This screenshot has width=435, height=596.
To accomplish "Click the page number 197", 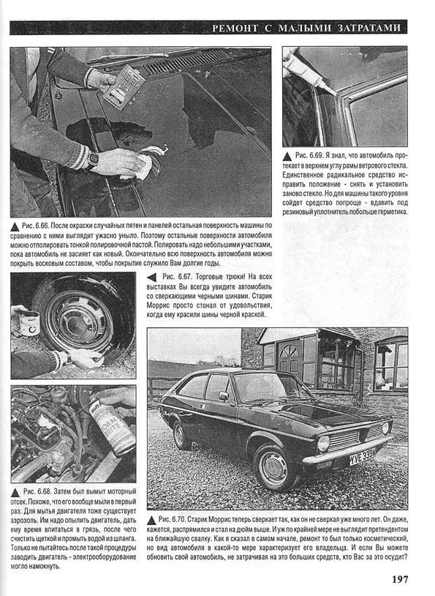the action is tap(400, 579).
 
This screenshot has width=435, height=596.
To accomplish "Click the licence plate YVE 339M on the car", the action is tap(363, 455).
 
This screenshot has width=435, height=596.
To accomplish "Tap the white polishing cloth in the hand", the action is tap(139, 167).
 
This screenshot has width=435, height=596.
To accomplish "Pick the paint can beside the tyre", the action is tap(29, 322).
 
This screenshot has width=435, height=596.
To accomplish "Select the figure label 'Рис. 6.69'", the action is tap(309, 156).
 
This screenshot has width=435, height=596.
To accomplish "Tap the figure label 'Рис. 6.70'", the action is tap(172, 519).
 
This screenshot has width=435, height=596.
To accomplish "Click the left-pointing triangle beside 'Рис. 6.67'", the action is tap(151, 277).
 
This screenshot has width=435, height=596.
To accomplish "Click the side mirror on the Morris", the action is tap(223, 396).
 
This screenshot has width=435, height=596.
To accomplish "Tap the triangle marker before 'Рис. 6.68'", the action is tap(15, 493).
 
